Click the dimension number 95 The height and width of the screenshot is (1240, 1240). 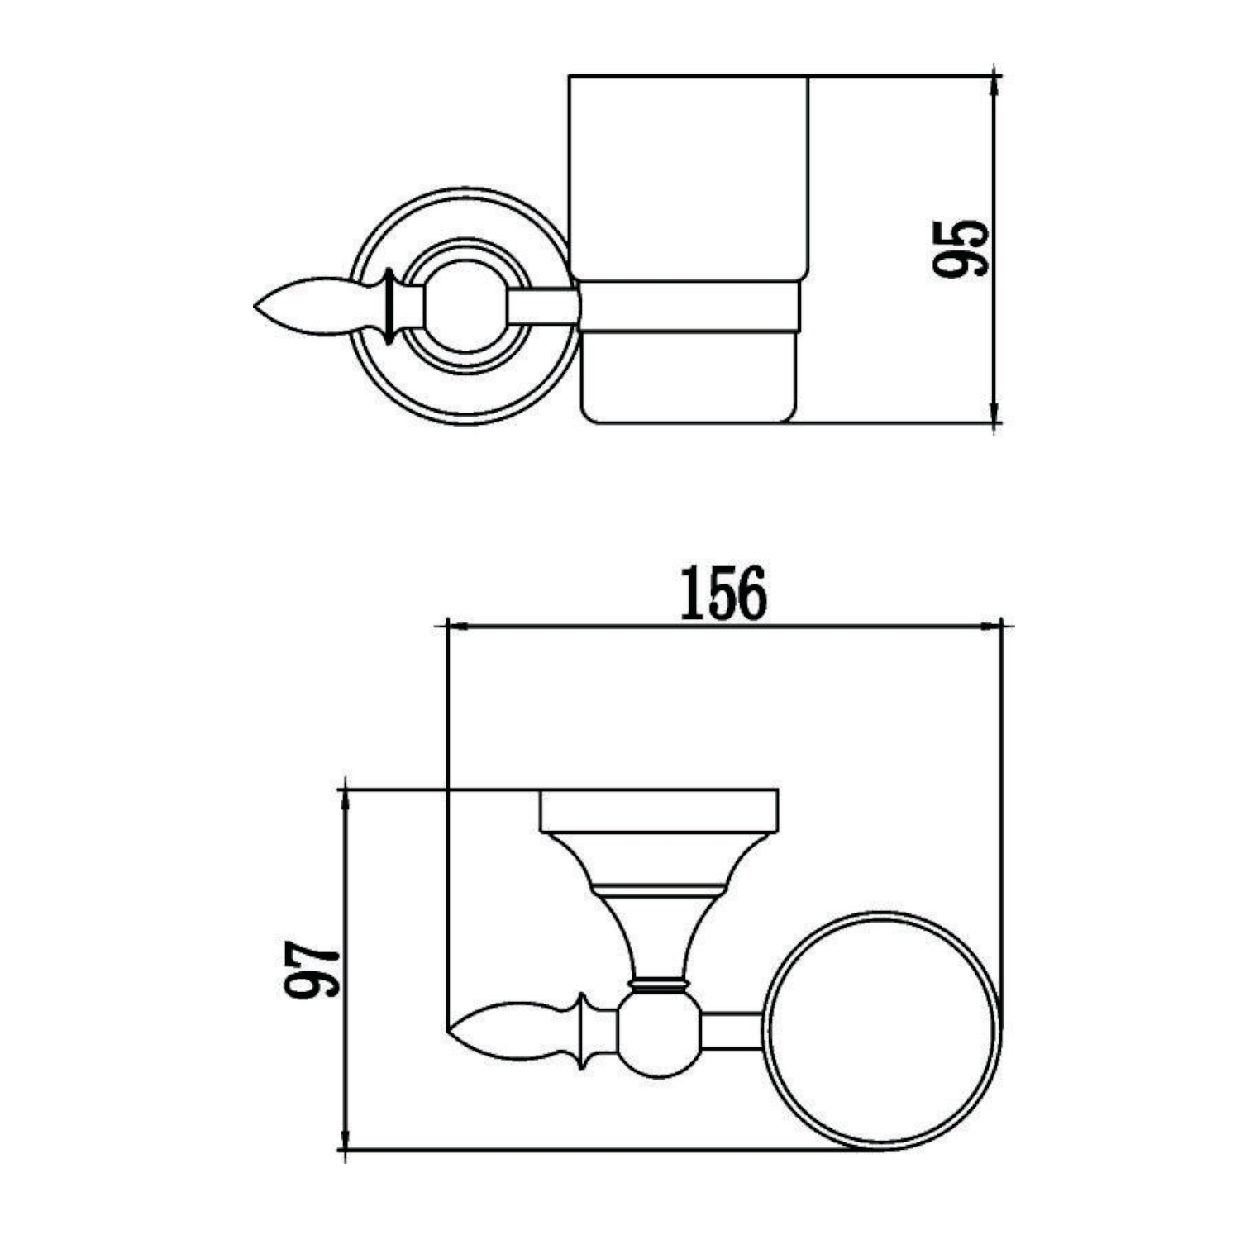[x=959, y=248]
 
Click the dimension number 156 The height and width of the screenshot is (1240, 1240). [x=723, y=594]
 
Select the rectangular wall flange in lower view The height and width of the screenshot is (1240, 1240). [x=659, y=812]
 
